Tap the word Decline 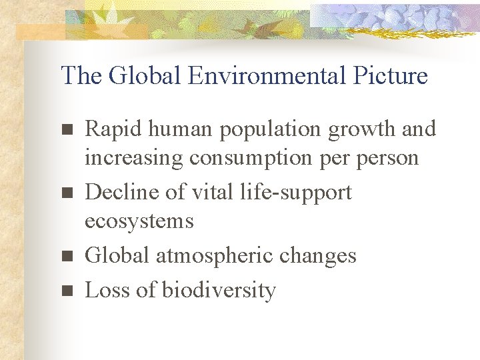[119, 192]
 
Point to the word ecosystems [139, 221]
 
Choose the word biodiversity [219, 291]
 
